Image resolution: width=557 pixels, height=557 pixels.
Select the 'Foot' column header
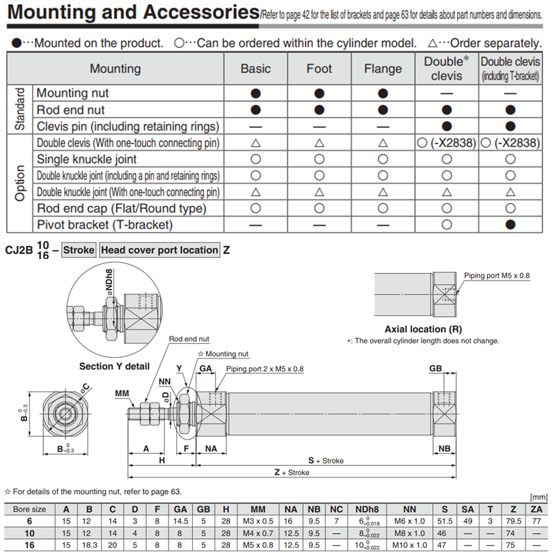[x=319, y=69]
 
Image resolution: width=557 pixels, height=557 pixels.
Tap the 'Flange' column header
[x=382, y=69]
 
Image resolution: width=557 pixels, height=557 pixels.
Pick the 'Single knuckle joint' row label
[x=86, y=159]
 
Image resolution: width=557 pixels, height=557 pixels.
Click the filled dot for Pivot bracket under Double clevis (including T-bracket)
[x=510, y=225]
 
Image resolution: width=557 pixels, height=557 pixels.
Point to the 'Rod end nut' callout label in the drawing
[x=189, y=339]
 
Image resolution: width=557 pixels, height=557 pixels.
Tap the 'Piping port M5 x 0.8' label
[x=496, y=276]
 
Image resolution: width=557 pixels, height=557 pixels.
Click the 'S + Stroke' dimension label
[x=327, y=460]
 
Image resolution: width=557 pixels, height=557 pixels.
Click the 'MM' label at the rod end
[x=123, y=394]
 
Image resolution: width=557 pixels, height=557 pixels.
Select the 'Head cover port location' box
[x=159, y=250]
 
